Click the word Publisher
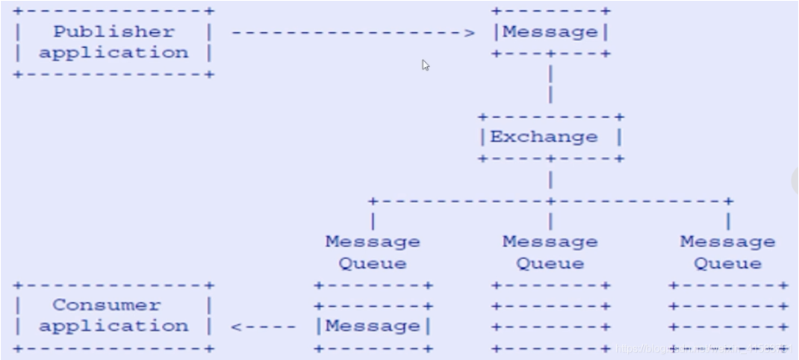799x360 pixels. [114, 32]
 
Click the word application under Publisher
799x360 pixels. [114, 53]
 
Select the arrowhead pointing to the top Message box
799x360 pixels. [469, 33]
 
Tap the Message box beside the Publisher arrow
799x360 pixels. [550, 32]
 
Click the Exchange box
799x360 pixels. [550, 137]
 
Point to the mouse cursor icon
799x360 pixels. [426, 65]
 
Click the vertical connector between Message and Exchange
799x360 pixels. [550, 85]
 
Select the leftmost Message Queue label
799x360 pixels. [373, 252]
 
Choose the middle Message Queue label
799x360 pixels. [550, 252]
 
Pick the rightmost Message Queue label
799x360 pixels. [727, 252]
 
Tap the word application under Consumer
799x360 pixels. [114, 326]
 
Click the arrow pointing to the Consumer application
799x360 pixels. [261, 326]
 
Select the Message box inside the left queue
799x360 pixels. [373, 326]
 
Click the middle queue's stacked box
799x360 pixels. [550, 317]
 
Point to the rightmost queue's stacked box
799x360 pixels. [727, 317]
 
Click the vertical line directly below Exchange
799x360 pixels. [550, 180]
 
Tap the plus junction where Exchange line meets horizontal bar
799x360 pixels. [550, 201]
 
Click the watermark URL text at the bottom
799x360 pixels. [702, 350]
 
